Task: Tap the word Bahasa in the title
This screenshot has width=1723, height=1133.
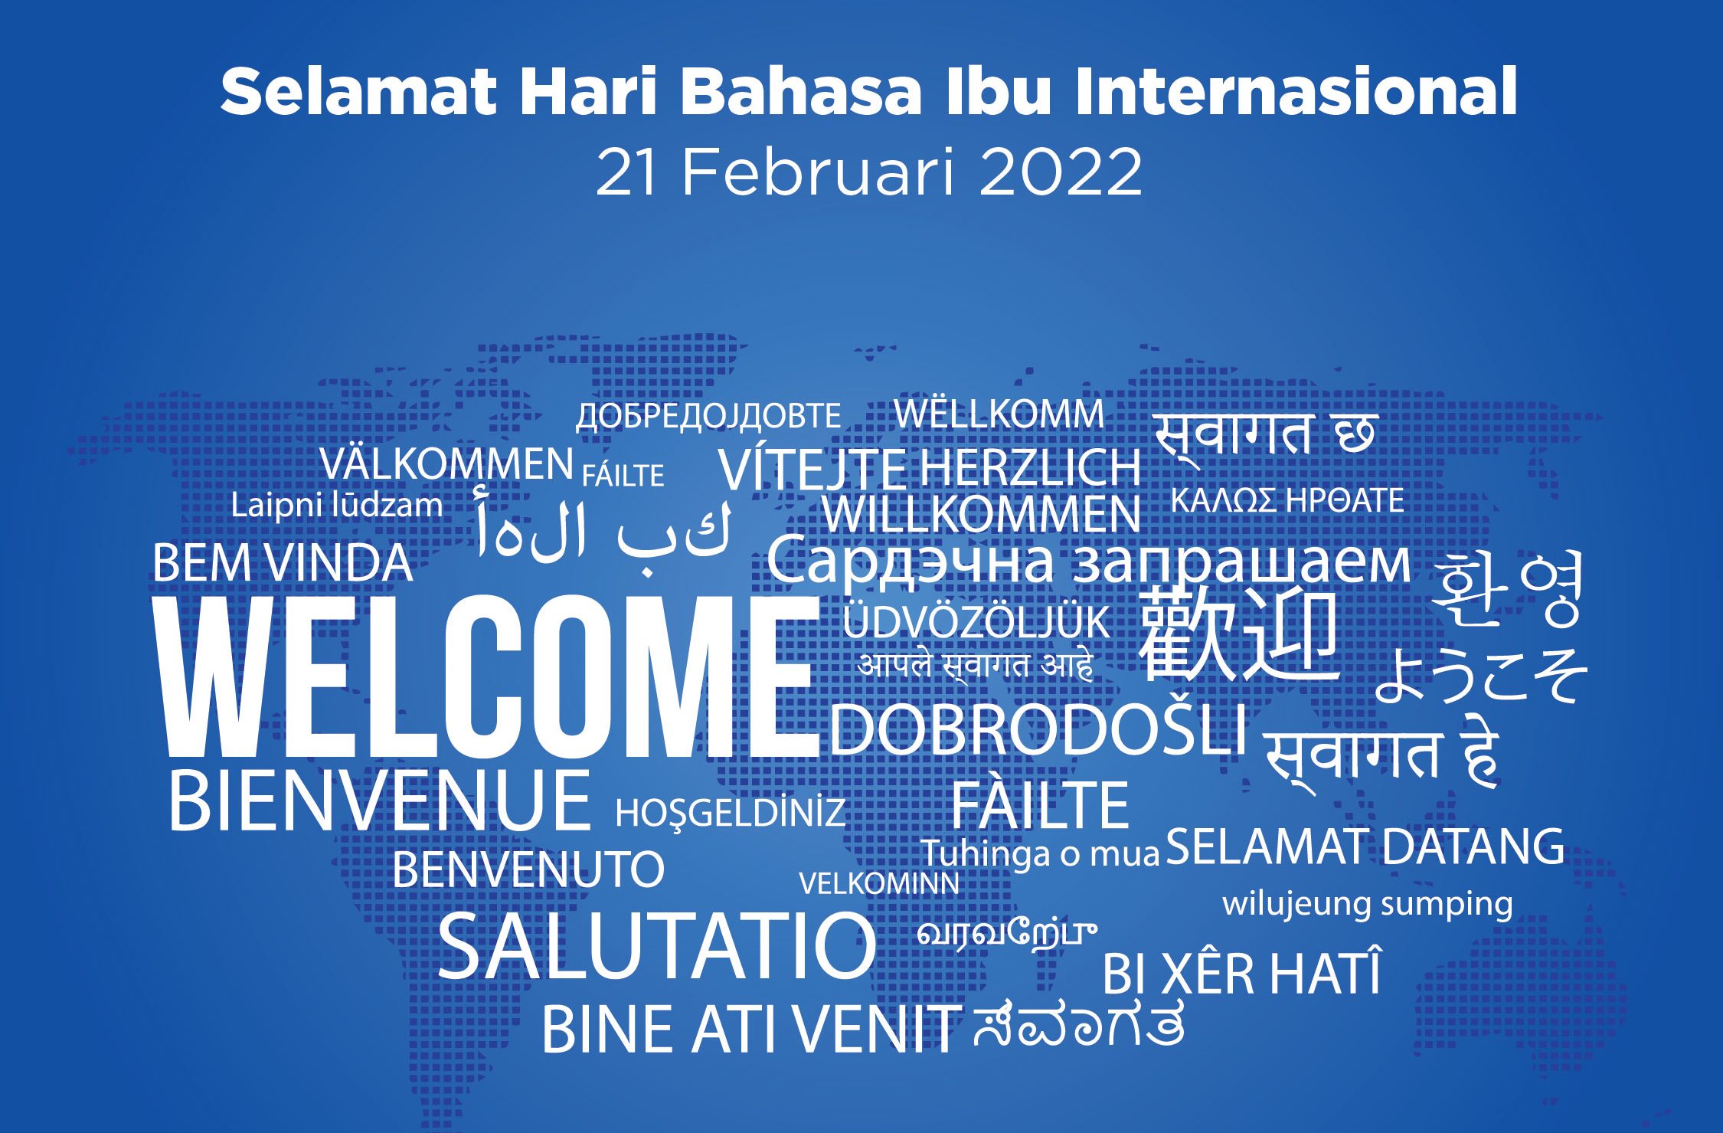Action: [x=802, y=91]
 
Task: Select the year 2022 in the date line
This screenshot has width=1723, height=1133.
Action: [x=1060, y=172]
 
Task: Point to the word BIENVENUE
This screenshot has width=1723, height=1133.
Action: [x=379, y=801]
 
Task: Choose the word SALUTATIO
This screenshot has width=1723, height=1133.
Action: [x=657, y=946]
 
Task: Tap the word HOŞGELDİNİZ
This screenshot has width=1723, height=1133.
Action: [x=731, y=813]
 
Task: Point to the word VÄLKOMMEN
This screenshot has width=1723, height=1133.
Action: [x=446, y=463]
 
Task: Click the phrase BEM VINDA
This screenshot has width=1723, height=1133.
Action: [x=283, y=563]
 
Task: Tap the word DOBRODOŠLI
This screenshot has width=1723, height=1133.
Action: [x=1038, y=729]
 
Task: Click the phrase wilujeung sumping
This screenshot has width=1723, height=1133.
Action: [x=1368, y=905]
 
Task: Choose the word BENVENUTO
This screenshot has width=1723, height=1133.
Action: [x=528, y=869]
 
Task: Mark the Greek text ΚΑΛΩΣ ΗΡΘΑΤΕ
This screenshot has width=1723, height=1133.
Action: [x=1287, y=500]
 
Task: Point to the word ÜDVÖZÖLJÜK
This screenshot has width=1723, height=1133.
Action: [x=976, y=621]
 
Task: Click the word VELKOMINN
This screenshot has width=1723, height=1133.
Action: [x=879, y=884]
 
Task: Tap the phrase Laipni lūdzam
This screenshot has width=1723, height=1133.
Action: [x=337, y=506]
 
